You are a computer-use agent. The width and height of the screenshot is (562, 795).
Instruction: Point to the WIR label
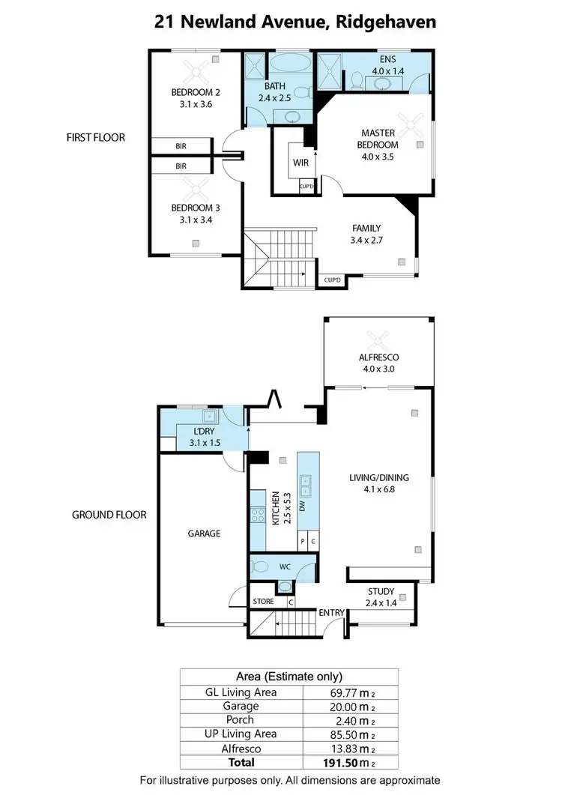pyautogui.click(x=301, y=162)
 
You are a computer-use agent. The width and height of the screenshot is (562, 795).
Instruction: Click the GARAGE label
pyautogui.click(x=203, y=534)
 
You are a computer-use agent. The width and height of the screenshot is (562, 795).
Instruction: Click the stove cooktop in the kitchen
pyautogui.click(x=259, y=515)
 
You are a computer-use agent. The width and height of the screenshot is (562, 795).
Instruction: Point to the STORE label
pyautogui.click(x=264, y=601)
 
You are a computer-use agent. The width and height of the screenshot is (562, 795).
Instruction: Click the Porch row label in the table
pyautogui.click(x=241, y=719)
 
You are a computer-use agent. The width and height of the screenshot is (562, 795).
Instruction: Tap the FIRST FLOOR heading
pyautogui.click(x=95, y=138)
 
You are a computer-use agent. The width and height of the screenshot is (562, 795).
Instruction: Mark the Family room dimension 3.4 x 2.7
pyautogui.click(x=367, y=242)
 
